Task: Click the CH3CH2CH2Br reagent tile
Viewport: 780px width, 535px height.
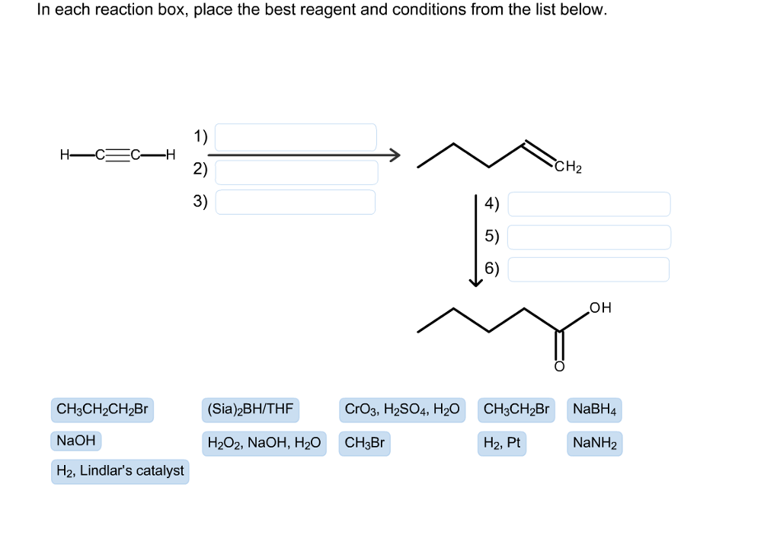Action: (x=102, y=410)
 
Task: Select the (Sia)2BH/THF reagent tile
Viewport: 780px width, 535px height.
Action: (x=250, y=410)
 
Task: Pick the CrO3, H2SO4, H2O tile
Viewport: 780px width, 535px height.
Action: (x=402, y=410)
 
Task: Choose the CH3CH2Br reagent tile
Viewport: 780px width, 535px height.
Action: (x=516, y=410)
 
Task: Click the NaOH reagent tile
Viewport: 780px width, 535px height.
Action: (x=75, y=441)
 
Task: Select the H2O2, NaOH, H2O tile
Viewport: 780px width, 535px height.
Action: (x=264, y=443)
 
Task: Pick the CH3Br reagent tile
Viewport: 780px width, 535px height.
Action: (x=365, y=443)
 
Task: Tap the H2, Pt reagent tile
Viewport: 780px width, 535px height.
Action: (x=501, y=443)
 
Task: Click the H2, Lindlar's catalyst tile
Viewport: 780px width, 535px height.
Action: (x=120, y=472)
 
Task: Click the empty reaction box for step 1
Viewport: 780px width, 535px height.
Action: (x=296, y=137)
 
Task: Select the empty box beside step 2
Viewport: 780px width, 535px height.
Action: (x=296, y=171)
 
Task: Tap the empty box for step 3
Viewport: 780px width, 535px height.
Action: (x=296, y=202)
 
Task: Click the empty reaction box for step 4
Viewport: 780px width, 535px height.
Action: (x=589, y=204)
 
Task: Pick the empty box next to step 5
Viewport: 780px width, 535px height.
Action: (x=589, y=237)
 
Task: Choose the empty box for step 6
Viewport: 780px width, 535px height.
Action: (x=589, y=269)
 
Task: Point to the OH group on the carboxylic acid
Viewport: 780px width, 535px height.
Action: (x=599, y=307)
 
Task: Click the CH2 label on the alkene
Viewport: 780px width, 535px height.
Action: (x=568, y=168)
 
